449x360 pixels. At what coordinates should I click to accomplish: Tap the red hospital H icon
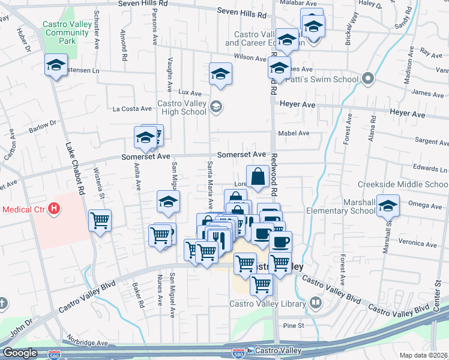[54, 209]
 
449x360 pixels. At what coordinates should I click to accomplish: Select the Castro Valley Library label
[268, 304]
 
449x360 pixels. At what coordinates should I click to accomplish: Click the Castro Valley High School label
[181, 107]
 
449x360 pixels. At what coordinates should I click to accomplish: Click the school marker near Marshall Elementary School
[388, 205]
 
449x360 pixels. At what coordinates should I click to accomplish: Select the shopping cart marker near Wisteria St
[100, 220]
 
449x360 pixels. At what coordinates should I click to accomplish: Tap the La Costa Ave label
[133, 109]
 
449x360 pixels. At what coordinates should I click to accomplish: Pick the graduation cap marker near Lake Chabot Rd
[56, 65]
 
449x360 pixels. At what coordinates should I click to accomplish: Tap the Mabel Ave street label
[294, 133]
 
